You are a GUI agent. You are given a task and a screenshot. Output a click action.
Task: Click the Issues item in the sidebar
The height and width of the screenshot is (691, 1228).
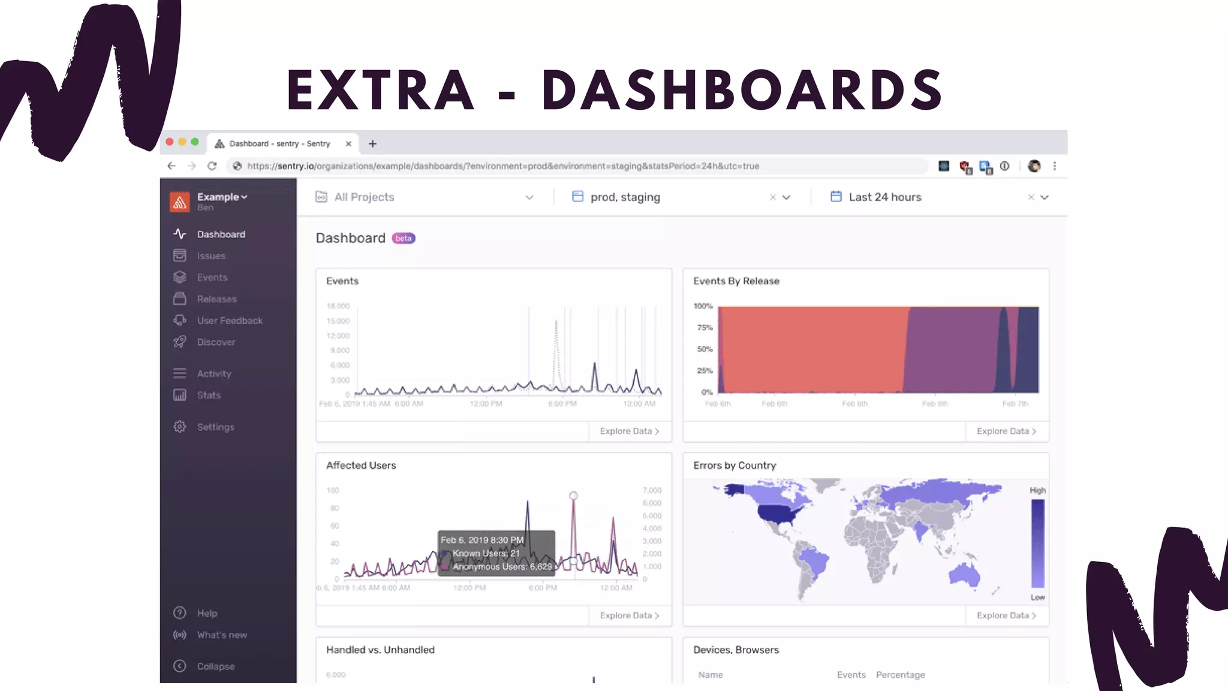click(x=210, y=256)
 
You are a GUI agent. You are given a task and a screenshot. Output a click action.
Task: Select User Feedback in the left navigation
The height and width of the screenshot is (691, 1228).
click(x=229, y=321)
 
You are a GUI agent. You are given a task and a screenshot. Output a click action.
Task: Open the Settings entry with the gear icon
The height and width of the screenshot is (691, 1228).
click(x=215, y=427)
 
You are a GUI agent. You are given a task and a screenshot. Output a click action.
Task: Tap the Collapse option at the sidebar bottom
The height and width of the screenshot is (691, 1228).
click(x=215, y=666)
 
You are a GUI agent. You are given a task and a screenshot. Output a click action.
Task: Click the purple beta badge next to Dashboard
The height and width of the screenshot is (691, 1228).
click(x=404, y=239)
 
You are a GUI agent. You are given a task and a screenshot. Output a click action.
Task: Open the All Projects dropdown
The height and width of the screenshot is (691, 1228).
click(x=424, y=197)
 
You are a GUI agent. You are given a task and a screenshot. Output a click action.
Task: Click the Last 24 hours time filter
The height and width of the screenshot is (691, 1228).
click(x=884, y=197)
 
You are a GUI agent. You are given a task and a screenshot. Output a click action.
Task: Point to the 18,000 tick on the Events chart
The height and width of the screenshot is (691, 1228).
click(x=338, y=306)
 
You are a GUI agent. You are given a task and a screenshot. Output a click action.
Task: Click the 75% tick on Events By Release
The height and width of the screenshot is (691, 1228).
click(x=705, y=328)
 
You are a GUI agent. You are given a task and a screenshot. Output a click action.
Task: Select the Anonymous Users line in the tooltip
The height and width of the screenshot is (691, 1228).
click(x=501, y=567)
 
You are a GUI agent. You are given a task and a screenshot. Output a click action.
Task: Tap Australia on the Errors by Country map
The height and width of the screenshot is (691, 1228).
click(x=964, y=574)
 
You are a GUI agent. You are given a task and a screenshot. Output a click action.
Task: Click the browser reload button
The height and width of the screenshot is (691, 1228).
click(x=212, y=166)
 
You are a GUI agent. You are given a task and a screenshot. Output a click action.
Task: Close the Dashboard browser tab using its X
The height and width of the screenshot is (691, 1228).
click(x=348, y=144)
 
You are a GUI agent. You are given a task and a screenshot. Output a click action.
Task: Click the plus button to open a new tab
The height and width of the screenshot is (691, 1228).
click(x=372, y=144)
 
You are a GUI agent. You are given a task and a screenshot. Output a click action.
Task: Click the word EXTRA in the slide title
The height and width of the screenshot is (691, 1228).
click(x=380, y=91)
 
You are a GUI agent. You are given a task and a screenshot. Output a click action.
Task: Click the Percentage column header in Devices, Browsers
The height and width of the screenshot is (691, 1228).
click(x=900, y=675)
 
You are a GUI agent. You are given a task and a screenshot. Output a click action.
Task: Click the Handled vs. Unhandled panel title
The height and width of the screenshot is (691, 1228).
click(x=380, y=650)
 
